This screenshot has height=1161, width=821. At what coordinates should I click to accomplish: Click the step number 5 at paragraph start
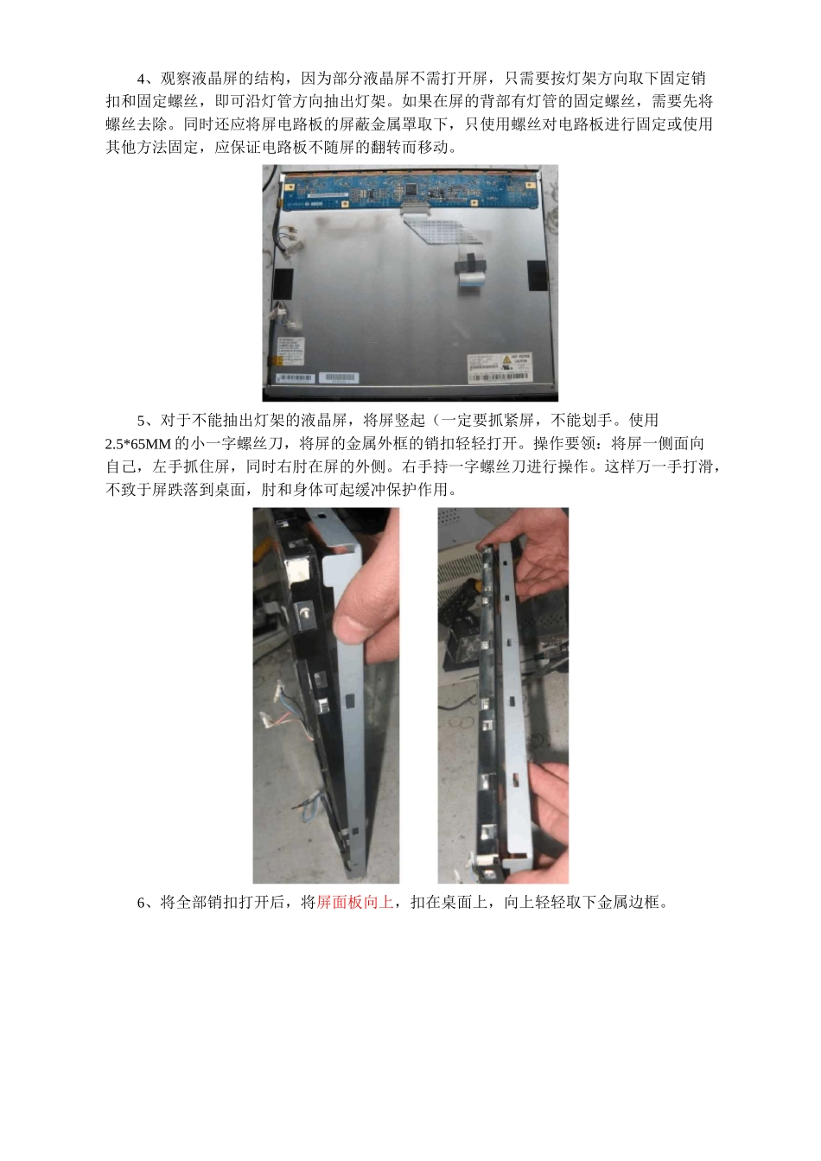142,421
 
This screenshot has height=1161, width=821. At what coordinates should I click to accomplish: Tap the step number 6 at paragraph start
142,903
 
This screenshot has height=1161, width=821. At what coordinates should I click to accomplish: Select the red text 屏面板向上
355,903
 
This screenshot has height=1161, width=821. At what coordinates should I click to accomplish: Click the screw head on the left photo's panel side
305,612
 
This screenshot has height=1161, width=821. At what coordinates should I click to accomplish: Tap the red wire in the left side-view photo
285,691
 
